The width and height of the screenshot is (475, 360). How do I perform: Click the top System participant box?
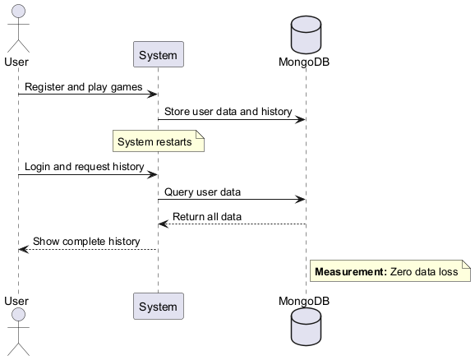coord(158,54)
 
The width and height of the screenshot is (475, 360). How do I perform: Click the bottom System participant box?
coord(158,307)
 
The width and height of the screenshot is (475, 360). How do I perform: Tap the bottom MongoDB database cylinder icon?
coord(306,332)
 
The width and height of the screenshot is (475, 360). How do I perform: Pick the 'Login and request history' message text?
coord(84,167)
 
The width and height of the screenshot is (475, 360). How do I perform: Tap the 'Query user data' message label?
coord(202,192)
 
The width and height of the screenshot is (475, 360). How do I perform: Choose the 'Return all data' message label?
coord(206,217)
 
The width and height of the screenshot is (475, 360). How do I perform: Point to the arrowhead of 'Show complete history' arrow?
coord(22,250)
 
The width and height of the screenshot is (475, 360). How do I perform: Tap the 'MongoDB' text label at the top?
coord(306,62)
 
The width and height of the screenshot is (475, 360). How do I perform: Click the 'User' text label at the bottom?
coord(17,301)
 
